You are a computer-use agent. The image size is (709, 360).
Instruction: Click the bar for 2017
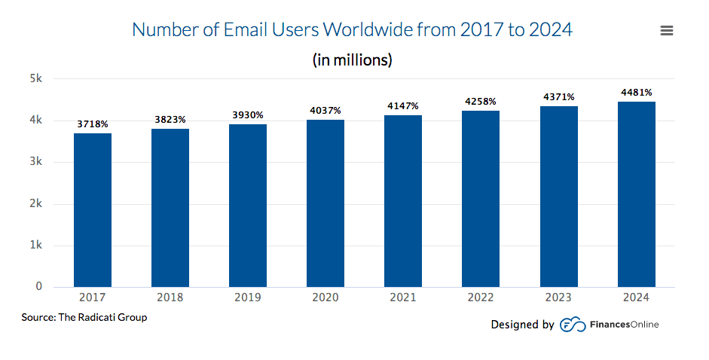tap(93, 210)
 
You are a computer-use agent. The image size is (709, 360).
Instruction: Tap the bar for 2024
tap(636, 194)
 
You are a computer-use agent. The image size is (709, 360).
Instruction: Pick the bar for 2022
tap(481, 199)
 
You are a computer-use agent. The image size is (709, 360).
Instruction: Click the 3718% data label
tap(93, 124)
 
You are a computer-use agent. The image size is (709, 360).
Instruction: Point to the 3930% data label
tap(248, 115)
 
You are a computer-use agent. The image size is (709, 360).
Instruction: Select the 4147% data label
tap(403, 106)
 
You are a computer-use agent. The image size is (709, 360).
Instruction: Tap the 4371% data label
tap(558, 97)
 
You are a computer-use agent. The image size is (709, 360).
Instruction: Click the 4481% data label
tap(636, 93)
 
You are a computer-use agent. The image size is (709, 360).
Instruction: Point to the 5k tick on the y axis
tap(36, 78)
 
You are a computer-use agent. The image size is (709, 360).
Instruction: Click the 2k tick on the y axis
tap(36, 203)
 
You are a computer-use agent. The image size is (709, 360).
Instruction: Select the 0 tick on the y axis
tap(38, 286)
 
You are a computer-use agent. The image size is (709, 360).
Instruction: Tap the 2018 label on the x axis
tap(170, 297)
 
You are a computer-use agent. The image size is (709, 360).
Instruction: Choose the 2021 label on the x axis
tap(403, 297)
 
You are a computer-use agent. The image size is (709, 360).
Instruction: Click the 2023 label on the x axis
tap(558, 297)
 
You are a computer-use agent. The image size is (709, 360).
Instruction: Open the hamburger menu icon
tap(666, 31)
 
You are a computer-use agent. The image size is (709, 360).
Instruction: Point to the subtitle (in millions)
tap(352, 59)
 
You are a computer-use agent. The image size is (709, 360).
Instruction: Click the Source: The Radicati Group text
tap(84, 318)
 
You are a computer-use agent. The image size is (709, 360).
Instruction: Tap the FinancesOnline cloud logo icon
tap(573, 325)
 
